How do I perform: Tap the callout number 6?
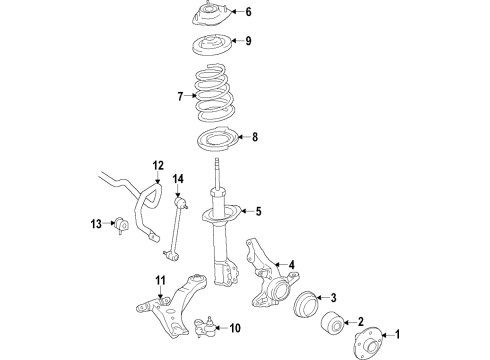click(x=249, y=13)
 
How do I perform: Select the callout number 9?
click(x=249, y=41)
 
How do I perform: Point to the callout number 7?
click(x=180, y=97)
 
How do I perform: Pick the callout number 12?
click(x=157, y=165)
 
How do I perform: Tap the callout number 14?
click(x=178, y=179)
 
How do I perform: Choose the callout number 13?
click(x=96, y=223)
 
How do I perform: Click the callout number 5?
click(x=257, y=211)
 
